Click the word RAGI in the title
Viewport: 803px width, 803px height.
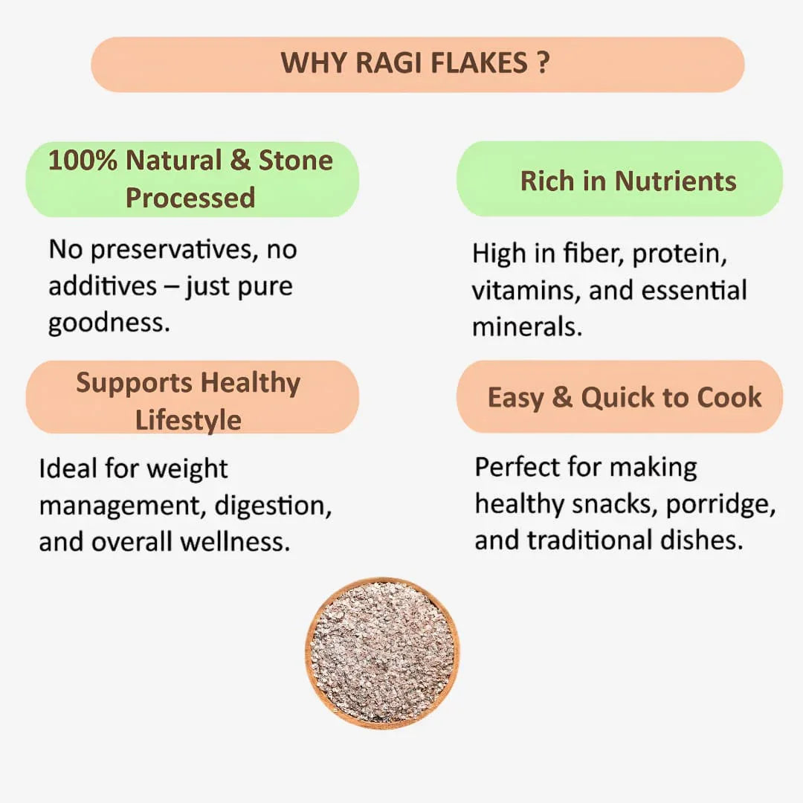tap(384, 63)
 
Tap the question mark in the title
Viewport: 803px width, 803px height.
tap(542, 63)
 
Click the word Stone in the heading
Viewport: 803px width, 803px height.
tap(295, 161)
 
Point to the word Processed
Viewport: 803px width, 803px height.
tap(190, 198)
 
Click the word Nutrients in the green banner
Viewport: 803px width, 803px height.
tap(675, 181)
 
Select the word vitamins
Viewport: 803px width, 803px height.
tap(525, 291)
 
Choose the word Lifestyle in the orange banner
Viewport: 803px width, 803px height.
tap(188, 419)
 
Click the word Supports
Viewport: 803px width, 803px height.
tap(134, 383)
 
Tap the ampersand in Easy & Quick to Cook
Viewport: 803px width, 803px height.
tap(562, 398)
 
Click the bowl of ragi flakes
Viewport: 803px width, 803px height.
tap(382, 652)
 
